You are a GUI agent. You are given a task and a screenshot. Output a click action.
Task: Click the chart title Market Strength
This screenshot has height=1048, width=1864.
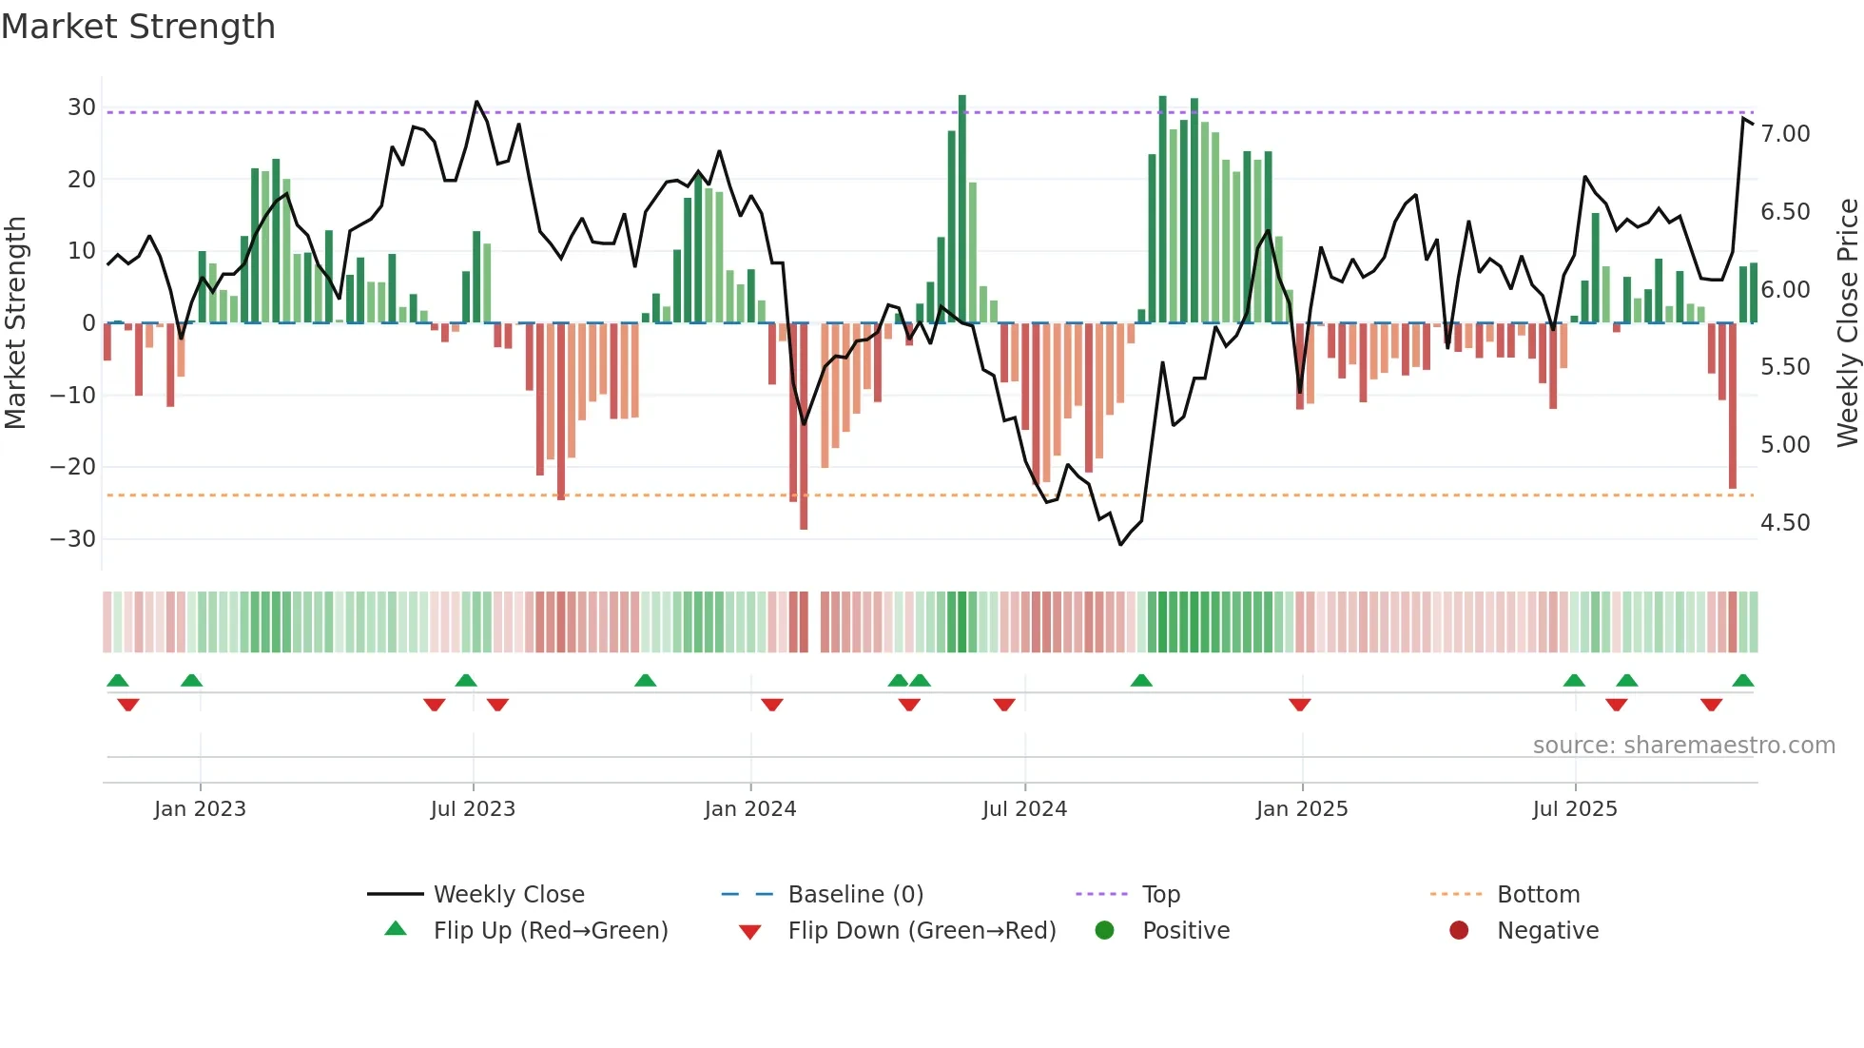(x=139, y=27)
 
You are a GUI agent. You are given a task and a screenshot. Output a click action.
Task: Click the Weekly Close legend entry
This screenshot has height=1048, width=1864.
(x=508, y=894)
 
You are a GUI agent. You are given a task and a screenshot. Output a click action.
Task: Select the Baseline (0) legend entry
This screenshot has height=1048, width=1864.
(x=855, y=894)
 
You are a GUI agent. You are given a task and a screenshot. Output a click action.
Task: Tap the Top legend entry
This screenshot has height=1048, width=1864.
(x=1160, y=894)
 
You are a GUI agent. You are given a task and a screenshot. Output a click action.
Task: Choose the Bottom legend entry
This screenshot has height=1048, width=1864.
(x=1538, y=894)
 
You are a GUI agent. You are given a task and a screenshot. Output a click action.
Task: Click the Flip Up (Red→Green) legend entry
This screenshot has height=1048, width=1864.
(x=550, y=930)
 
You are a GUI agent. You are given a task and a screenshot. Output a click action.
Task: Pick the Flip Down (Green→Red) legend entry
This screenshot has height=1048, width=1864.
(x=921, y=930)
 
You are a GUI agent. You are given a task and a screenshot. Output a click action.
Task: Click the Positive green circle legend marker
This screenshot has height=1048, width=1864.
(x=1104, y=930)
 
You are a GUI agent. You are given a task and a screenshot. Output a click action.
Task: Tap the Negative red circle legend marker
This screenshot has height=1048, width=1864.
(x=1459, y=930)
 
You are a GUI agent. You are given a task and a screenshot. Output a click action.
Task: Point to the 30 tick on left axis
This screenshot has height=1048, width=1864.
(x=82, y=107)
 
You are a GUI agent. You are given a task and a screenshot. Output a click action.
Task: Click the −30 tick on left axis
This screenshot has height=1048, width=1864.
(x=73, y=539)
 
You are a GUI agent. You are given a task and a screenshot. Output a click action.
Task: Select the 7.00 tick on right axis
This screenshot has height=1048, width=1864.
(x=1785, y=134)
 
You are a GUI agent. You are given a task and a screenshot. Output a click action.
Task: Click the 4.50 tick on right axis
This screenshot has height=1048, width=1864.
(x=1785, y=523)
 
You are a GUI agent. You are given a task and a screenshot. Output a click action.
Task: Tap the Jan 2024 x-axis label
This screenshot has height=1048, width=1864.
(x=750, y=809)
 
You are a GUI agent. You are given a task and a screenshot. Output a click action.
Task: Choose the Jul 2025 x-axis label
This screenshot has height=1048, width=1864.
(x=1575, y=809)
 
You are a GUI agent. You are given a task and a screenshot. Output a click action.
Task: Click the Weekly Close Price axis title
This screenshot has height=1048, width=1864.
(x=1847, y=323)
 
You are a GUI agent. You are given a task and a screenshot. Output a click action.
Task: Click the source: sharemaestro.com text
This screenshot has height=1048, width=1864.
(x=1683, y=746)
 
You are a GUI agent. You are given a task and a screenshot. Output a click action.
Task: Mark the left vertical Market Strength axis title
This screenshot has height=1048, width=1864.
(x=15, y=323)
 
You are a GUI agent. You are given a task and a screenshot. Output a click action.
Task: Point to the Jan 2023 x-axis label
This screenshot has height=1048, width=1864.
(x=200, y=809)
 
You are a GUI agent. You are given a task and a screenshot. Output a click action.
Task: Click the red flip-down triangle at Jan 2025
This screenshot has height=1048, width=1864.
(x=1300, y=705)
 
